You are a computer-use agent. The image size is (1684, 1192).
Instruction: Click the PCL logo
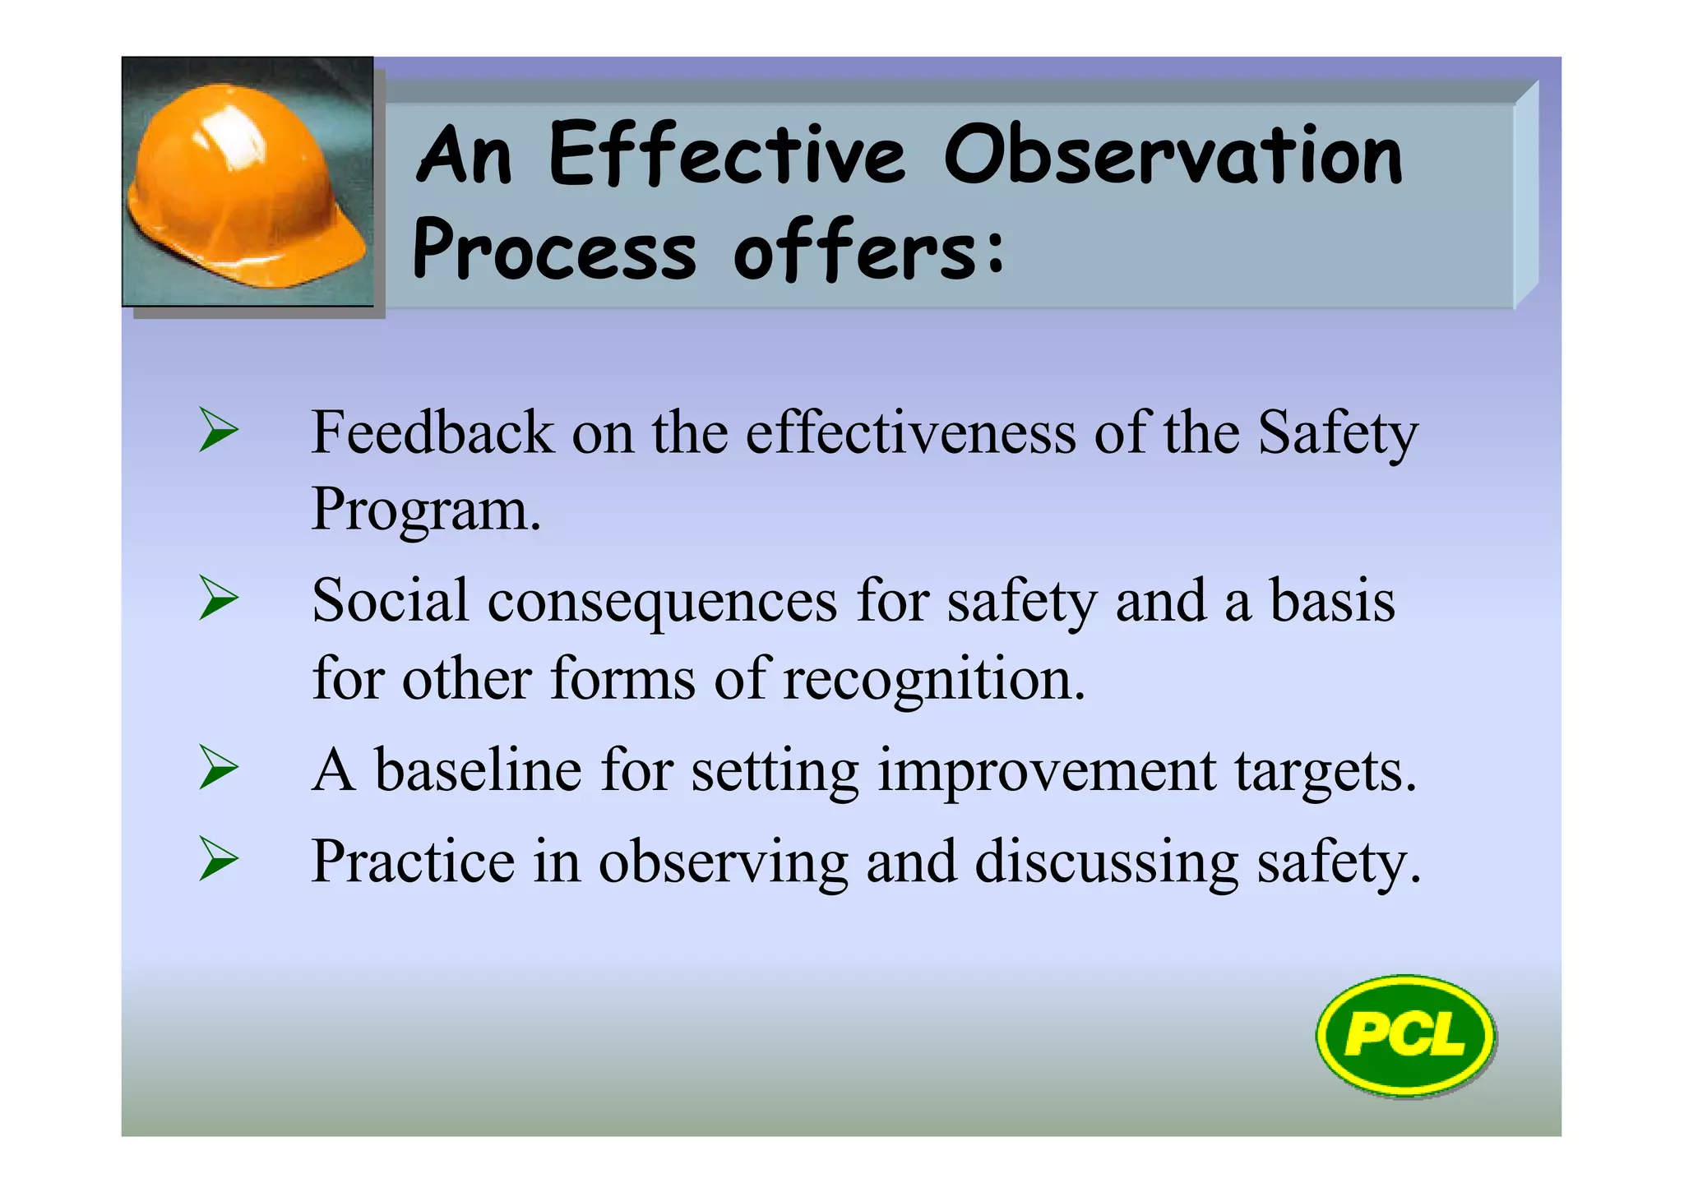tap(1405, 1035)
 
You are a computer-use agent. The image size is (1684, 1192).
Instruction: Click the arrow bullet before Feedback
tap(219, 432)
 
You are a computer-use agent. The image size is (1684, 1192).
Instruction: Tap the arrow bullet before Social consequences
tap(219, 599)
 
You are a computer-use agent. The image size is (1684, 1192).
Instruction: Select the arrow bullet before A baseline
tap(219, 769)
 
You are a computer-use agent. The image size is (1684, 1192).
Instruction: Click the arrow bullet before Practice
tap(219, 861)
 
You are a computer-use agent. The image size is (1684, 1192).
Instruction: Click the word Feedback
tap(433, 433)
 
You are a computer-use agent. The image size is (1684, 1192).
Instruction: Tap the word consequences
tap(662, 602)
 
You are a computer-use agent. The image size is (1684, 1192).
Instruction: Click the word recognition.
tap(934, 681)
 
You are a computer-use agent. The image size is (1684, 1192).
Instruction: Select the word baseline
tap(479, 770)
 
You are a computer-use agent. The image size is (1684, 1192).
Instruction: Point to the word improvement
tap(1046, 772)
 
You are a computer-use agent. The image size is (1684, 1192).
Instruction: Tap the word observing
tap(723, 863)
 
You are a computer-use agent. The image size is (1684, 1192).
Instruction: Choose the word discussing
tap(1106, 863)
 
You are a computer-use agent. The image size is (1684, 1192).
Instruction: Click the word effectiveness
tap(910, 433)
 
